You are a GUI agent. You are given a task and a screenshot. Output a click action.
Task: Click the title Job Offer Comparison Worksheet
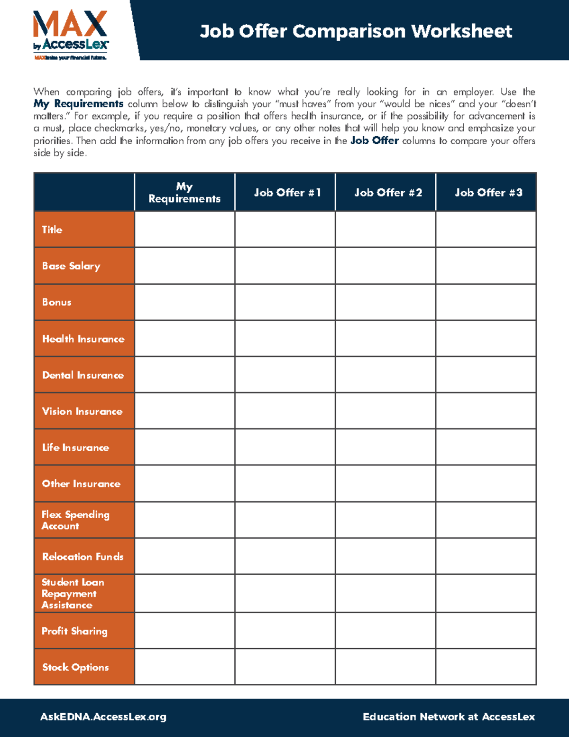pyautogui.click(x=356, y=31)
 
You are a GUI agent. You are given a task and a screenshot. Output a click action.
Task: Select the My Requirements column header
pyautogui.click(x=184, y=193)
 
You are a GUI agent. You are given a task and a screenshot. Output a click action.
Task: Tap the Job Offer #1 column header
pyautogui.click(x=287, y=193)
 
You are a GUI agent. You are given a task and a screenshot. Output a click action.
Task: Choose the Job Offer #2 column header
pyautogui.click(x=388, y=193)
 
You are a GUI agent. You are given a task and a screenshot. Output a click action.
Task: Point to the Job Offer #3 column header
pyautogui.click(x=488, y=193)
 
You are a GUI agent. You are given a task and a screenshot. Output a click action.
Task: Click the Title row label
pyautogui.click(x=52, y=230)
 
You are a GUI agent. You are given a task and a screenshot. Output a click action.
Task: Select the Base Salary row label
pyautogui.click(x=71, y=266)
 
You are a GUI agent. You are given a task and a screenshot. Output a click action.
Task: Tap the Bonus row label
pyautogui.click(x=57, y=302)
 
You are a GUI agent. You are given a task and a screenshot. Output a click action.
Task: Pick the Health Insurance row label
pyautogui.click(x=83, y=339)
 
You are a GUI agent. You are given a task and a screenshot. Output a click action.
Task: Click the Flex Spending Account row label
pyautogui.click(x=75, y=520)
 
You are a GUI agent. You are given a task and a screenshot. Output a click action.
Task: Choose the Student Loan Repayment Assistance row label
pyautogui.click(x=73, y=593)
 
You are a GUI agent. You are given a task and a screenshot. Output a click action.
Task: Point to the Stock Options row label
pyautogui.click(x=75, y=667)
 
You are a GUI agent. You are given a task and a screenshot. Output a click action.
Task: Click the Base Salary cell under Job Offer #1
pyautogui.click(x=285, y=266)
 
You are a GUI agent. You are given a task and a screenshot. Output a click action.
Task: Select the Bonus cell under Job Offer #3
pyautogui.click(x=486, y=302)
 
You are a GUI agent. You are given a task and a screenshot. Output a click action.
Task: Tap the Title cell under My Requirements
pyautogui.click(x=184, y=229)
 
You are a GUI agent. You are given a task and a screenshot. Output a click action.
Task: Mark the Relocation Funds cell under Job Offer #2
pyautogui.click(x=385, y=556)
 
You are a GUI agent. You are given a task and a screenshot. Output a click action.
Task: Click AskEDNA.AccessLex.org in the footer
pyautogui.click(x=103, y=717)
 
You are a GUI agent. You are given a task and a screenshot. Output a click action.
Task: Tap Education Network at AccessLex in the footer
pyautogui.click(x=449, y=717)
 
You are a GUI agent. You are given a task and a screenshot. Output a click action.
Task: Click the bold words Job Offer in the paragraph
pyautogui.click(x=374, y=140)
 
